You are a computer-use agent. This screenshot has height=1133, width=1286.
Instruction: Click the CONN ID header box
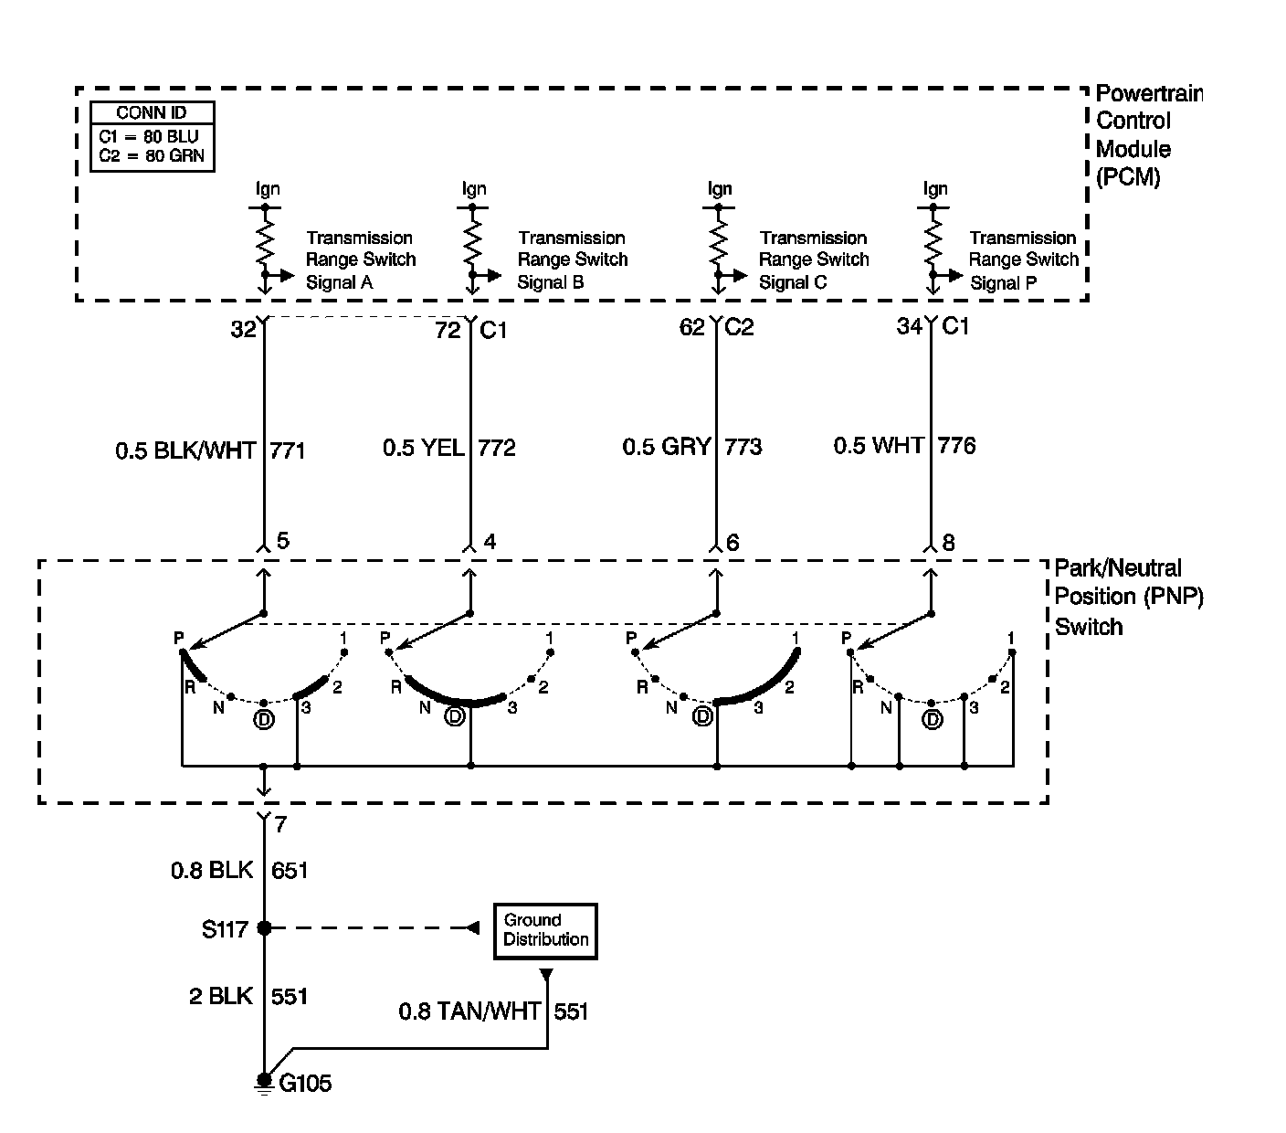[153, 113]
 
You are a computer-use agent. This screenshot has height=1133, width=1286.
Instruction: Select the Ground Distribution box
[545, 931]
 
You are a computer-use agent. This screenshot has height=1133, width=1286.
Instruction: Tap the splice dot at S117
[264, 928]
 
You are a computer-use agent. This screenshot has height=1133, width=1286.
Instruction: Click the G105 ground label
[305, 1085]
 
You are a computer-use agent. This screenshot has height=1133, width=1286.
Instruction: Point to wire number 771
[288, 450]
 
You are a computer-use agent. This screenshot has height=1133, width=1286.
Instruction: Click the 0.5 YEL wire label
[423, 448]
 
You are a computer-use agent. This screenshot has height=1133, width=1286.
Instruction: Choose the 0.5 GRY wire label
[667, 447]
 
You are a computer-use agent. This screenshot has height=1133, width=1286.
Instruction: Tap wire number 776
[956, 446]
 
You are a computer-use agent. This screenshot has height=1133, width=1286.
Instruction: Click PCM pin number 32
[243, 330]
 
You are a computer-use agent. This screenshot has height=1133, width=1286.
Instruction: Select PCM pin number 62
[692, 327]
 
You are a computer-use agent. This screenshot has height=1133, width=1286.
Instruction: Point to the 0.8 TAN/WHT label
[469, 1011]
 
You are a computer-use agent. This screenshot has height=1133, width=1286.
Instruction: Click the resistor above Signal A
[265, 243]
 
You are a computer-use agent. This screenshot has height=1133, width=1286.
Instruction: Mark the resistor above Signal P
[933, 243]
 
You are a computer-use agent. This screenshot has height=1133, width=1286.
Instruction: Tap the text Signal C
[793, 282]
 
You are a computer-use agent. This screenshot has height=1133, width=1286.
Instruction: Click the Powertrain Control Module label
[1147, 134]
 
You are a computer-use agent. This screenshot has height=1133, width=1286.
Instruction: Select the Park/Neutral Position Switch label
[1129, 597]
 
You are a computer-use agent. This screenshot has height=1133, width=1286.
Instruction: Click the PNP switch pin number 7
[280, 825]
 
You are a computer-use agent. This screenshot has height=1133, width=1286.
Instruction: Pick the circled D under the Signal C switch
[702, 717]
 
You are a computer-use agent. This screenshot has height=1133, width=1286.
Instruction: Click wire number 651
[290, 870]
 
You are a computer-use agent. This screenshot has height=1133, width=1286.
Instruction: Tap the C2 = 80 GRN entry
[153, 155]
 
